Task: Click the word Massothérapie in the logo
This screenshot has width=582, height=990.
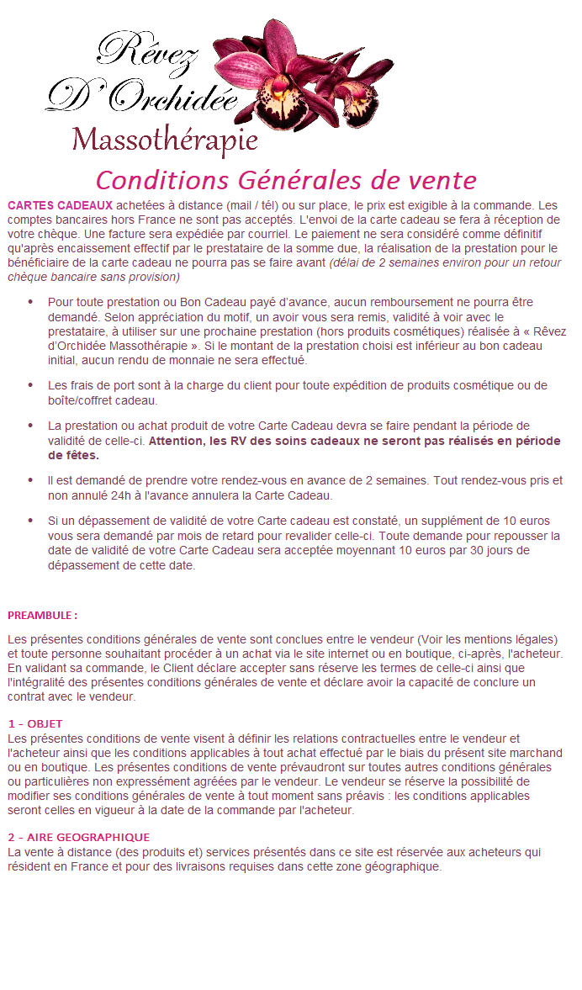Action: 164,140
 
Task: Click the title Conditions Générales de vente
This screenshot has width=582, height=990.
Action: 286,180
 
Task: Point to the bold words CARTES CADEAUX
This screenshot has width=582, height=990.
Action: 60,204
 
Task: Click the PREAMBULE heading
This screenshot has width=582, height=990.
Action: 42,615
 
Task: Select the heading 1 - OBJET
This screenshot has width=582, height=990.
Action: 34,723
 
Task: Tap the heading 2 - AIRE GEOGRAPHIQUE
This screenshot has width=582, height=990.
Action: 78,837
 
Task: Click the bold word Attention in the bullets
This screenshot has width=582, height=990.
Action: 177,440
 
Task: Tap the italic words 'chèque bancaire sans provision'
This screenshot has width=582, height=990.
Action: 93,276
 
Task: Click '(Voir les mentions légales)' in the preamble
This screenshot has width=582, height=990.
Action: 487,640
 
